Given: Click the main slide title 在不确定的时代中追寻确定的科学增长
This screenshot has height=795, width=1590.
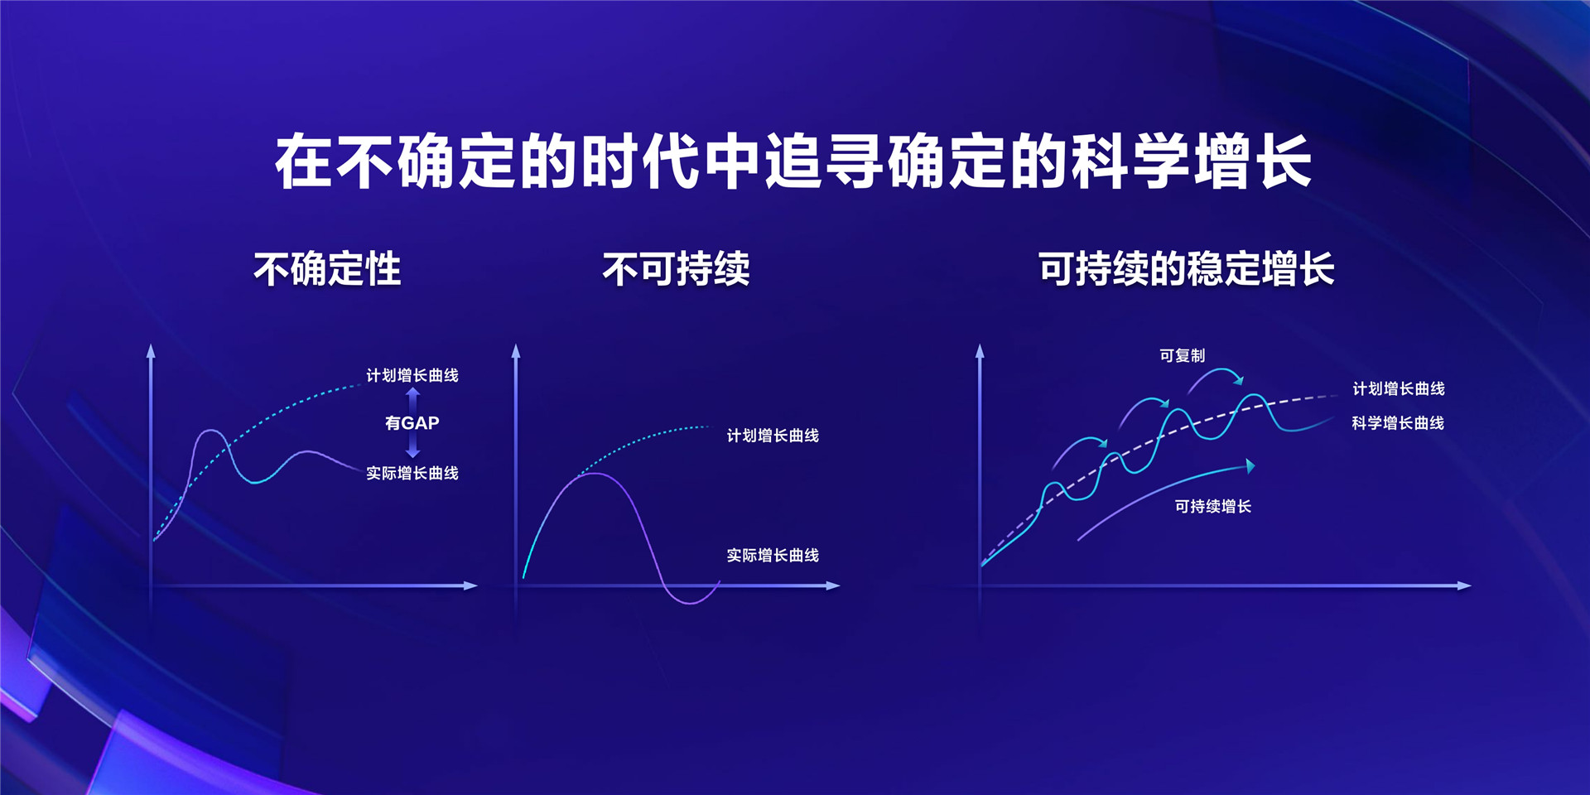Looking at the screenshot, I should tap(793, 161).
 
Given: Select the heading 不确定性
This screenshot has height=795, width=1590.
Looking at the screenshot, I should tap(327, 269).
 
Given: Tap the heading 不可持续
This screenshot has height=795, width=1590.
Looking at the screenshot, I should tap(676, 269).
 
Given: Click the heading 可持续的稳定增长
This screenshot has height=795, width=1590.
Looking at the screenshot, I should tap(1186, 269).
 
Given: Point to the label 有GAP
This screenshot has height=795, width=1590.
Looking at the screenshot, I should tap(412, 423).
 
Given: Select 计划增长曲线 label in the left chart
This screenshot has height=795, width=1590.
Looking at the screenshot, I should tap(412, 375).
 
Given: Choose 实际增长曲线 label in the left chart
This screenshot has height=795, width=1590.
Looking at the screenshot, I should tap(412, 473).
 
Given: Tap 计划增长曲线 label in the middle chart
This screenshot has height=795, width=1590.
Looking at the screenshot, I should tap(773, 436).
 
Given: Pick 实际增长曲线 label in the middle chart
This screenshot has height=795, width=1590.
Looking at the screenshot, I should tap(773, 556).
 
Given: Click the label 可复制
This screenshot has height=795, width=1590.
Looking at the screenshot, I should tap(1182, 356).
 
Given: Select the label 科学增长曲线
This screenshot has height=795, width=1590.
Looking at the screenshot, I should tap(1398, 423).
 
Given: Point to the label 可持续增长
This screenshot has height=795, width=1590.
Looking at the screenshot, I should tap(1212, 506).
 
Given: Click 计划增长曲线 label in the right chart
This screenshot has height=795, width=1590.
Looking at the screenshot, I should tap(1398, 388).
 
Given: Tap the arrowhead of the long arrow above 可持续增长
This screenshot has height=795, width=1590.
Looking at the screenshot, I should tap(1250, 466).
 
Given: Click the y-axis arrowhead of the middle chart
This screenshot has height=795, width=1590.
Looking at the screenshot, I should tap(516, 350).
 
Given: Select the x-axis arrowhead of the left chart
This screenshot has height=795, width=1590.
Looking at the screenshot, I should tap(471, 585).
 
